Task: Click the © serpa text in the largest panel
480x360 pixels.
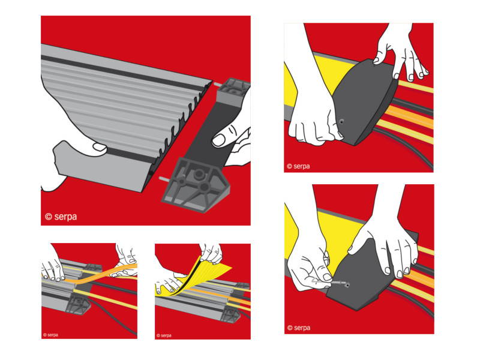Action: tap(61, 217)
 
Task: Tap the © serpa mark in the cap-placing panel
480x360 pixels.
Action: tap(298, 166)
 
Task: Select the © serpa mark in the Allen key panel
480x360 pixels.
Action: tap(299, 328)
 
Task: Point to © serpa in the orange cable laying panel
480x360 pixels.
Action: tap(50, 335)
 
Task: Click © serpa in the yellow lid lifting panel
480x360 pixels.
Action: tap(164, 335)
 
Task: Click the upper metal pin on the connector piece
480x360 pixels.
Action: tap(217, 84)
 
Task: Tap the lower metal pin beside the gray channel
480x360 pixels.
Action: tap(163, 178)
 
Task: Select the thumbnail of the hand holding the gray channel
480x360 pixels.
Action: tap(100, 147)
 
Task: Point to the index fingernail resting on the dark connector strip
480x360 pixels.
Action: tap(218, 140)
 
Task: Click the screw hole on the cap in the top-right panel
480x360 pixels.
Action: tap(341, 122)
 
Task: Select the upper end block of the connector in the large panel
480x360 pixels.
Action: tap(233, 92)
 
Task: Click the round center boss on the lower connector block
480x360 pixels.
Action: tap(199, 174)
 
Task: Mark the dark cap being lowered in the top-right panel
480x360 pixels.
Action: tap(364, 101)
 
